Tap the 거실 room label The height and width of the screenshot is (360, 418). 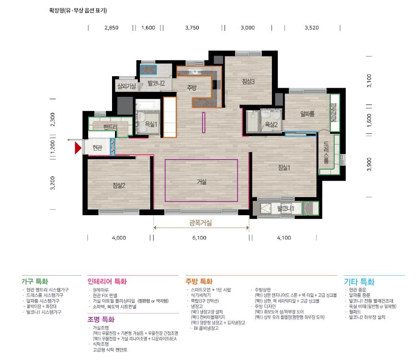201,182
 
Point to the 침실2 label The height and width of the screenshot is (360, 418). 119,186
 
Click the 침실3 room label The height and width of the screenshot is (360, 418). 248,81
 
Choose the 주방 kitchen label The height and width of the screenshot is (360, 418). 192,87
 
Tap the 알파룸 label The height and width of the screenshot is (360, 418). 307,114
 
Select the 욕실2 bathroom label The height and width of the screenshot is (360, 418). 271,124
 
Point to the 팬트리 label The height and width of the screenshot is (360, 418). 110,127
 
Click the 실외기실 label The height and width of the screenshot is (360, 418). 127,86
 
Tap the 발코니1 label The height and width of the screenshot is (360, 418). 286,209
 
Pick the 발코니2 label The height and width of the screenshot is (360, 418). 156,83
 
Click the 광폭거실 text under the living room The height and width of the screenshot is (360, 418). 201,223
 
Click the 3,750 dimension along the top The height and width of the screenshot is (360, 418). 192,28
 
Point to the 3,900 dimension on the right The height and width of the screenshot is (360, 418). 369,163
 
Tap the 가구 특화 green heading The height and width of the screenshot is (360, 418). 35,281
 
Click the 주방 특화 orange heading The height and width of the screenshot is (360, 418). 199,281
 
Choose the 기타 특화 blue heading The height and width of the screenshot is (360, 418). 359,281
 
